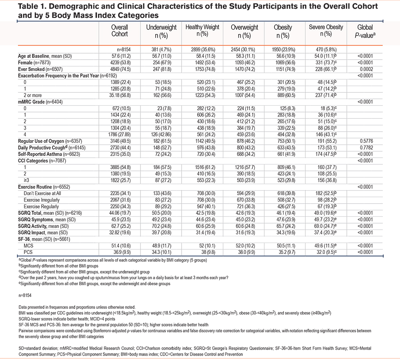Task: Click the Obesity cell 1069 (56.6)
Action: point(283,62)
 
